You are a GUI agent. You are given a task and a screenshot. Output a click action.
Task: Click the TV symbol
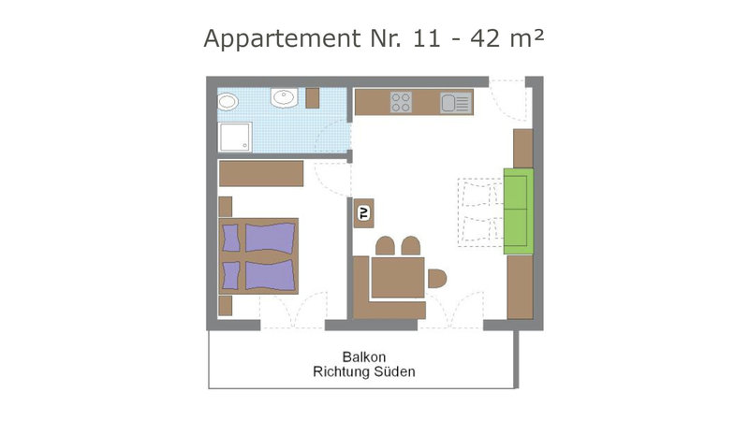coord(364,213)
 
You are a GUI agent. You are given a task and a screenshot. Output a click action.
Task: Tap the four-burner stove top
coord(401,102)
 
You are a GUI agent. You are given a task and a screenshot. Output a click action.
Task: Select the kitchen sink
coord(456,103)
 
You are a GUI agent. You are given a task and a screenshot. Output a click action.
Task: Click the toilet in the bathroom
coord(227,102)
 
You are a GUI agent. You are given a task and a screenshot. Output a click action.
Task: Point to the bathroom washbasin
coord(285,98)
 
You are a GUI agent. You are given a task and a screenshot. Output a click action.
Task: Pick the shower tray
coord(235,137)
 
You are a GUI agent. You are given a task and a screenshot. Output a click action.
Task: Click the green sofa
coord(519,211)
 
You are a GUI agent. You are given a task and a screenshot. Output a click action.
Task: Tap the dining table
coord(398,277)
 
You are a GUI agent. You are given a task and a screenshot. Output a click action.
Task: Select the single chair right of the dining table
coord(437,279)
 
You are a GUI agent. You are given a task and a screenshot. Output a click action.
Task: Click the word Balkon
coord(364,357)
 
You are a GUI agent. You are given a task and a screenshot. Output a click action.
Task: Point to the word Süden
coord(394,371)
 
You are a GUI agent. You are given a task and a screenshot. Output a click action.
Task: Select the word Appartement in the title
coord(283,39)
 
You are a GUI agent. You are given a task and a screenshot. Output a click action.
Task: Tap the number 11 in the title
coord(426,38)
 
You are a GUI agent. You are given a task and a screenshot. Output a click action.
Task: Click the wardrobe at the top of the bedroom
coord(261,173)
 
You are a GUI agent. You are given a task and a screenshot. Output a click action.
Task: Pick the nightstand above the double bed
coord(225,207)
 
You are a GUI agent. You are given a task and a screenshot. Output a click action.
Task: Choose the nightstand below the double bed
coord(225,306)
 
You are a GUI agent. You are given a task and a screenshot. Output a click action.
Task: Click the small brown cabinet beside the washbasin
coord(313,98)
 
